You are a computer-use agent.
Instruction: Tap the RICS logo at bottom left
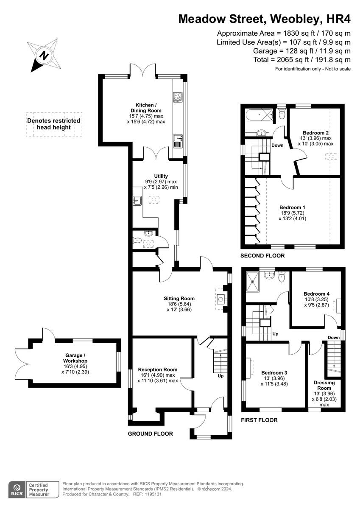click(17, 489)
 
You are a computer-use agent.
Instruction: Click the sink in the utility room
click(137, 200)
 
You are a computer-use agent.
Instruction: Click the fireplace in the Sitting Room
click(221, 299)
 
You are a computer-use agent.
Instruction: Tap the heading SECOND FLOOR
click(262, 256)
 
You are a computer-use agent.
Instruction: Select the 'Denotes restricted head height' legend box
click(53, 124)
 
